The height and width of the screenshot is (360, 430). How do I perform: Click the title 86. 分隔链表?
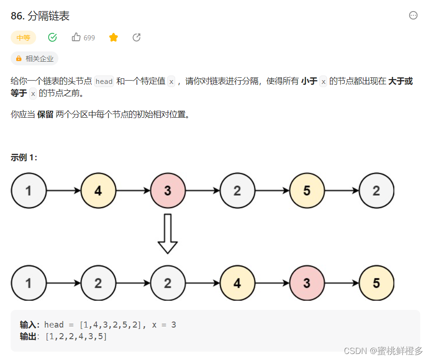pos(40,16)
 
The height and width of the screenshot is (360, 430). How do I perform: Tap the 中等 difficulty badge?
pos(23,38)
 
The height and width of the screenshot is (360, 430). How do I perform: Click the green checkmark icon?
pos(52,38)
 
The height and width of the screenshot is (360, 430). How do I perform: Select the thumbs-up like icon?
pos(76,38)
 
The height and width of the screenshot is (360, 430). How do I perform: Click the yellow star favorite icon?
pos(114,38)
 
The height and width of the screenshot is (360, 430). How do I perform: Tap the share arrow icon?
pos(136,38)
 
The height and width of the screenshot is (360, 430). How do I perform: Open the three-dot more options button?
pos(413,15)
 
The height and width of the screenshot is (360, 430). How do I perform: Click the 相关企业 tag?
pos(34,59)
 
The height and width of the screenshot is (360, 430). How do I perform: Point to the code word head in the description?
pos(104,82)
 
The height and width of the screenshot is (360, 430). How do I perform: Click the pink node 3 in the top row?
pos(168,190)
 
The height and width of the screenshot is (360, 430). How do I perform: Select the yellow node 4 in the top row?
pos(98,190)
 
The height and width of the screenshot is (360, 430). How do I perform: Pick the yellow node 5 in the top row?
pos(307,190)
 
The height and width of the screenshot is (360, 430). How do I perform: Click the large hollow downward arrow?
pos(168,234)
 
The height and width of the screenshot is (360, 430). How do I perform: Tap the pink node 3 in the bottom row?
pos(307,283)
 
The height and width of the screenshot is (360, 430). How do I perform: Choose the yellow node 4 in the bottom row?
pos(237,283)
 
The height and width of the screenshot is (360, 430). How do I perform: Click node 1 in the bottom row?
pos(29,283)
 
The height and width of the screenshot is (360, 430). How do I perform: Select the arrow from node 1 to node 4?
pos(63,190)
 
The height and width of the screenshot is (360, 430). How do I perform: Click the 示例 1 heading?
pos(24,158)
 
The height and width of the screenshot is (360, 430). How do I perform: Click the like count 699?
pos(89,38)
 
